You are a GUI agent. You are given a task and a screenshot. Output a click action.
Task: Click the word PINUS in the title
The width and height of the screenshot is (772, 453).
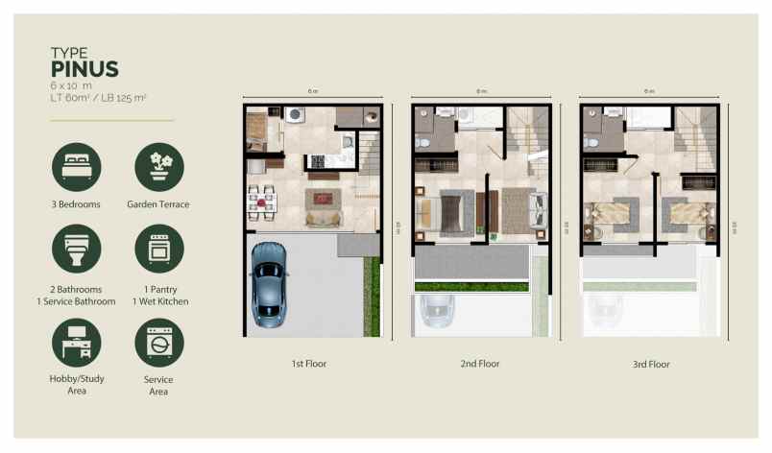(84, 68)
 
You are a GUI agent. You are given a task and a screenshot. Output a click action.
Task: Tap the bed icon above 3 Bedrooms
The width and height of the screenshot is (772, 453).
(76, 167)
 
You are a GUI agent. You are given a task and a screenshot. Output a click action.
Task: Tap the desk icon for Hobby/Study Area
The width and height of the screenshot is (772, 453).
(76, 342)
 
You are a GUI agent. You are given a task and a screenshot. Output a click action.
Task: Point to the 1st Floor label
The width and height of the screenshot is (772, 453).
(311, 365)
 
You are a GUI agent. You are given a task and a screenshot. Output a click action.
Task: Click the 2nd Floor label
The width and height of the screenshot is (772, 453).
(480, 365)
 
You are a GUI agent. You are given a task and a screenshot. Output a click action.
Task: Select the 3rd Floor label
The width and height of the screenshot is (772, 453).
(650, 365)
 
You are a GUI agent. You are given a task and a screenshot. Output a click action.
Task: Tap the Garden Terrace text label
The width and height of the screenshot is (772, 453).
(158, 204)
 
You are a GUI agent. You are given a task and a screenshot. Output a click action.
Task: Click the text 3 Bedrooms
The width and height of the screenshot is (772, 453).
(76, 204)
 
